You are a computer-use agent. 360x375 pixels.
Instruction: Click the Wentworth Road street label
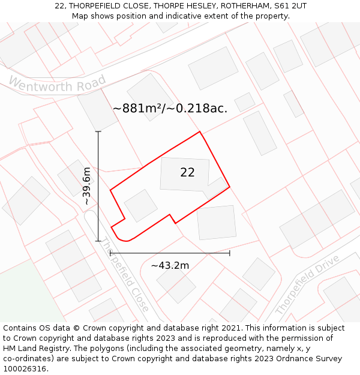click(x=58, y=85)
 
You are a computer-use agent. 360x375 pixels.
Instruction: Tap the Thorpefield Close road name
click(x=124, y=275)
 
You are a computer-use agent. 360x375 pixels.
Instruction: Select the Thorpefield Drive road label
click(x=307, y=285)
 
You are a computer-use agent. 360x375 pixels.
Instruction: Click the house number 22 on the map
click(x=187, y=173)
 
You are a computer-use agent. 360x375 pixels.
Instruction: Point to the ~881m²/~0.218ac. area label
click(x=170, y=109)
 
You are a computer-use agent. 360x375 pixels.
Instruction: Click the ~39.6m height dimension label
click(x=87, y=186)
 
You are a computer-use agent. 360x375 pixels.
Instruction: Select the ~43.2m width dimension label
click(x=170, y=265)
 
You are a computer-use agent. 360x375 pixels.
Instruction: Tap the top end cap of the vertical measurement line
click(x=98, y=131)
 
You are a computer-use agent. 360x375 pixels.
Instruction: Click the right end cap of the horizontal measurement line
click(x=230, y=253)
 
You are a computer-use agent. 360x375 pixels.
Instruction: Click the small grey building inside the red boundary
click(x=141, y=205)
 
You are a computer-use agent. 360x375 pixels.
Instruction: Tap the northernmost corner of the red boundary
click(x=199, y=132)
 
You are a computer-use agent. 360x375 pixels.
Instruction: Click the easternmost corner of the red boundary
click(x=230, y=187)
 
